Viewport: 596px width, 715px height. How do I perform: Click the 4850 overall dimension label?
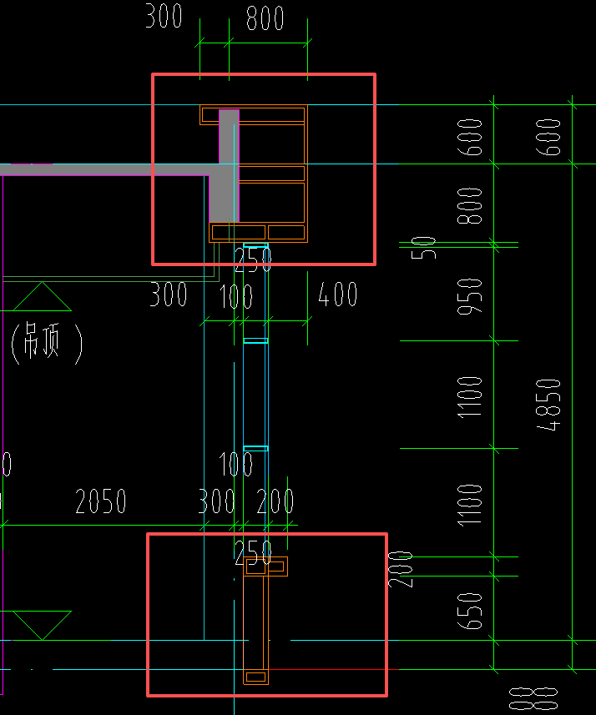[548, 405]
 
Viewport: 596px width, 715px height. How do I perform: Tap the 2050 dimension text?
[100, 501]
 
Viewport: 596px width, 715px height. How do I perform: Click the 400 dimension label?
[339, 295]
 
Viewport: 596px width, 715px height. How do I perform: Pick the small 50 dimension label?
[428, 248]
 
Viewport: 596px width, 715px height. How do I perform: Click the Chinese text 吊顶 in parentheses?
[47, 342]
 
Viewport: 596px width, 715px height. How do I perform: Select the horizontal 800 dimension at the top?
[265, 18]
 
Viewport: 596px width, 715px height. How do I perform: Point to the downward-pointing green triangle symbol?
[40, 624]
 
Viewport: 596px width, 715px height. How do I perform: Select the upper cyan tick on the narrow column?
[255, 340]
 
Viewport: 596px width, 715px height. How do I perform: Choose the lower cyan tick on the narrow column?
[255, 449]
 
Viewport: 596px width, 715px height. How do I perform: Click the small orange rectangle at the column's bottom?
[255, 676]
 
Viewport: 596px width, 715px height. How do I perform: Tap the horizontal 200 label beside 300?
[275, 501]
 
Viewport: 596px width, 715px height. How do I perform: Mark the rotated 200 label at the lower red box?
[403, 569]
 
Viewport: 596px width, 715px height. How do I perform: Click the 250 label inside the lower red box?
[253, 551]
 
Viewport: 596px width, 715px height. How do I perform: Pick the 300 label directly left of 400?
[169, 295]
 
